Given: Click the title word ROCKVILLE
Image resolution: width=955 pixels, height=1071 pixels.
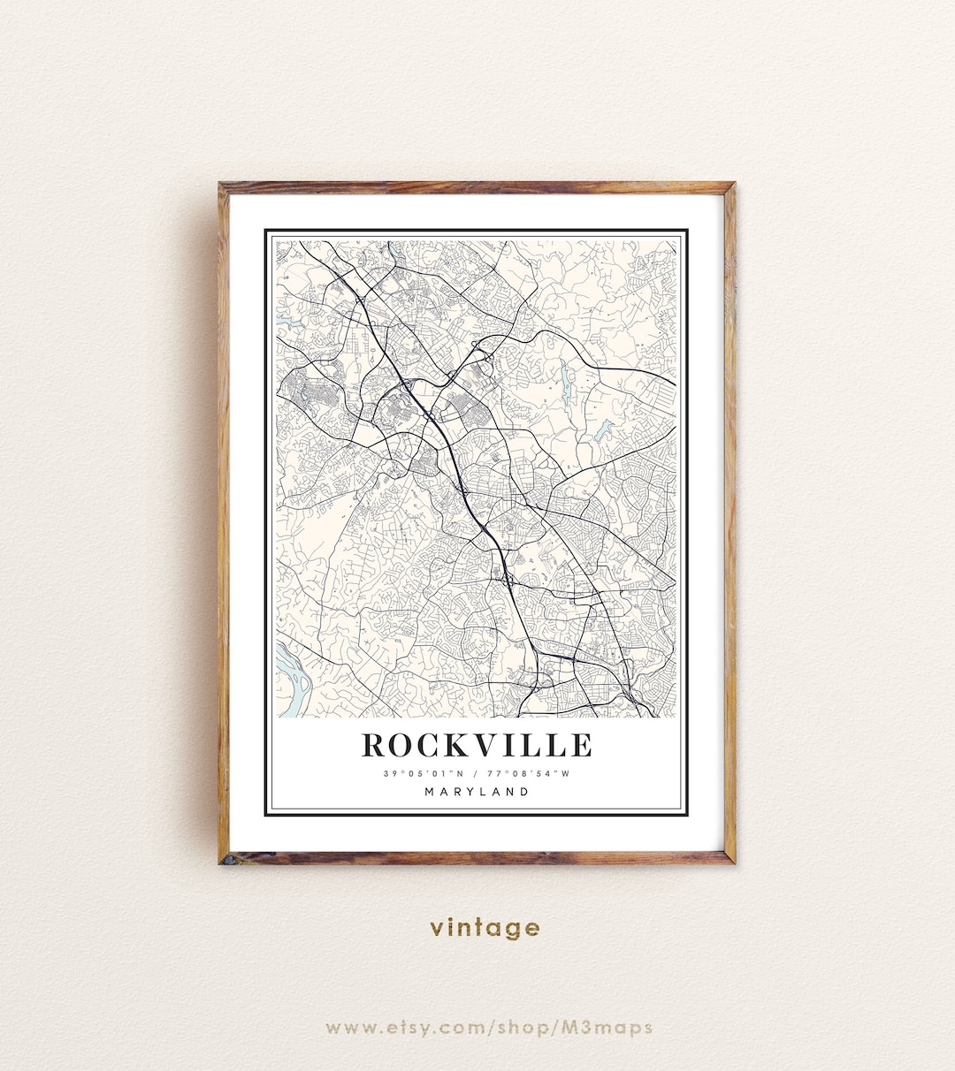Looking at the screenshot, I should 477,745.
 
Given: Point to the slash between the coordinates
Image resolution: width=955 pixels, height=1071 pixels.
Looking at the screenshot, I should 477,774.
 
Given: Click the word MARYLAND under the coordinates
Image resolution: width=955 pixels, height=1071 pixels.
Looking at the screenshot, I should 477,792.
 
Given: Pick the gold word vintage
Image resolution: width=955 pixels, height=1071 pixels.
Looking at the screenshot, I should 485,927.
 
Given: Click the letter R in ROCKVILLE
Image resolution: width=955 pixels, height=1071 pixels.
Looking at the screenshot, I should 374,745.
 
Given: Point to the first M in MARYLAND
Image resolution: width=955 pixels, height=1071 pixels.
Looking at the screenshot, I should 429,792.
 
